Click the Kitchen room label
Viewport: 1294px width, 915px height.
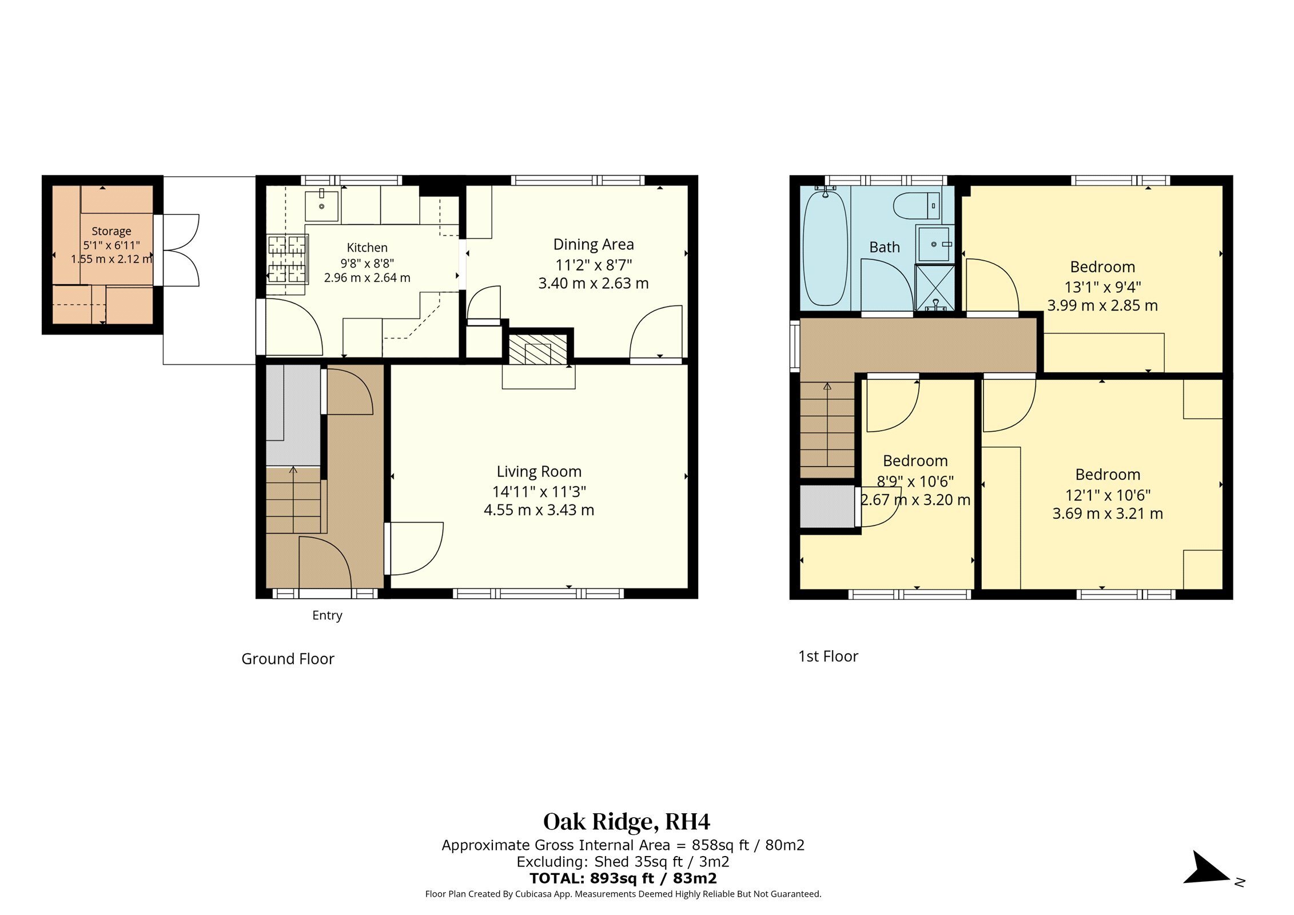point(367,248)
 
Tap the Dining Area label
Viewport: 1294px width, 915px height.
point(594,245)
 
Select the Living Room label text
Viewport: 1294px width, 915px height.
point(539,472)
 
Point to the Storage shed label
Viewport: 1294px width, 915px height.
point(112,231)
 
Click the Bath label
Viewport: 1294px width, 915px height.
point(885,247)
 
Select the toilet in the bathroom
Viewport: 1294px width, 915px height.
point(917,206)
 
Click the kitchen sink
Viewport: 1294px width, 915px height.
point(321,205)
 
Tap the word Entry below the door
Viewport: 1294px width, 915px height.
point(327,616)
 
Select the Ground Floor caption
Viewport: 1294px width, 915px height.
point(288,659)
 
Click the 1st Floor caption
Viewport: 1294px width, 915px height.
point(828,656)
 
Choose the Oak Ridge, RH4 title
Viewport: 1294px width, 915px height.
point(627,822)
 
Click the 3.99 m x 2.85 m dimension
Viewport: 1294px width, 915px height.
point(1102,305)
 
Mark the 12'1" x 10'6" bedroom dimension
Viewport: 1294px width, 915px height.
point(1108,495)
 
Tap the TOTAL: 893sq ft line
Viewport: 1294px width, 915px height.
point(623,878)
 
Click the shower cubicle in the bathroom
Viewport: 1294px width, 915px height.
point(935,287)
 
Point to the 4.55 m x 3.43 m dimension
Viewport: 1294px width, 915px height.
point(539,510)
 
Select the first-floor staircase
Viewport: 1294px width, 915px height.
point(827,430)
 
